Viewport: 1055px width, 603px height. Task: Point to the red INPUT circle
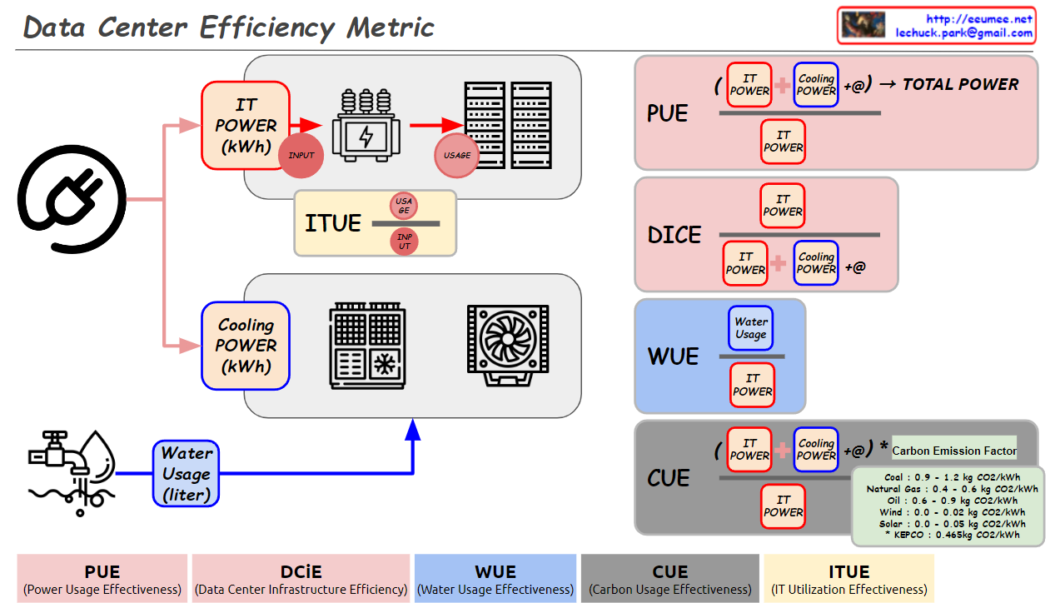(x=301, y=155)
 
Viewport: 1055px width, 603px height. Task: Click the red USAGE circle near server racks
(x=456, y=155)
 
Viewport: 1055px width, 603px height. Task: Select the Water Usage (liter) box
(x=186, y=474)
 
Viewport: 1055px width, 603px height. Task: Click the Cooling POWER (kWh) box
(x=246, y=346)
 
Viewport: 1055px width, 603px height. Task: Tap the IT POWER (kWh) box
(x=246, y=126)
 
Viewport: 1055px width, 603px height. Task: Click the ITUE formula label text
(x=333, y=223)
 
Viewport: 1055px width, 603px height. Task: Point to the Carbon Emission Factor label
(x=954, y=451)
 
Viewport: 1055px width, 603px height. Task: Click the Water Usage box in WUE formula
(x=750, y=328)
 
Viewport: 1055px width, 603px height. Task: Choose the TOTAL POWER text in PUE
(x=960, y=84)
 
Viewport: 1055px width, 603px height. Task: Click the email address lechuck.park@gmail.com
(x=964, y=33)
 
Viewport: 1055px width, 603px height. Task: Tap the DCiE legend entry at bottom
(x=301, y=579)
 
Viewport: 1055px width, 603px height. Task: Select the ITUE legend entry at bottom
(x=848, y=579)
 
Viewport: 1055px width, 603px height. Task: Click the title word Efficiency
(x=268, y=27)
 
